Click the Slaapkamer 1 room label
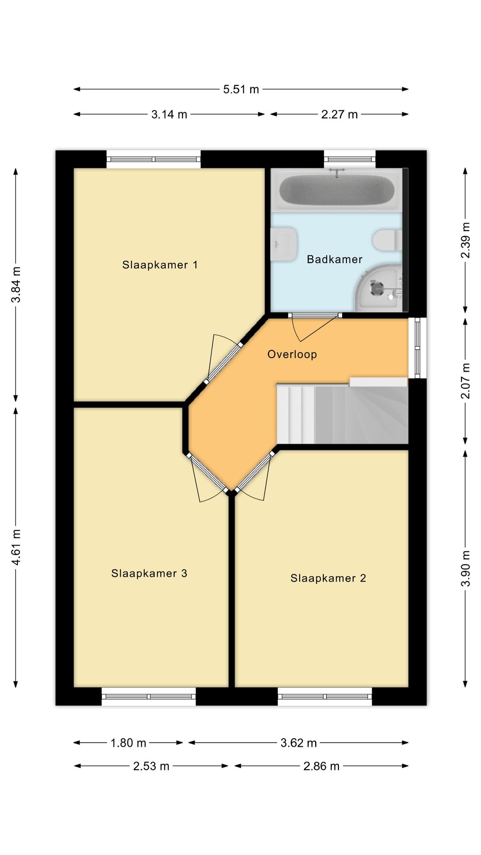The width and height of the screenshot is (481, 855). (x=160, y=265)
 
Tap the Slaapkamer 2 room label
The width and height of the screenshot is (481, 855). (x=328, y=578)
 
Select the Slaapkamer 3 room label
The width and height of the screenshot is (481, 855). (x=149, y=573)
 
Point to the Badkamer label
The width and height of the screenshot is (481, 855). (x=334, y=259)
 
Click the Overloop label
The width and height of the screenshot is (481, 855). (x=292, y=354)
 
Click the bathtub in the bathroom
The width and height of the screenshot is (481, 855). (x=337, y=189)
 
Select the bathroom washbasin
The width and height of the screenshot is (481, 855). (x=284, y=244)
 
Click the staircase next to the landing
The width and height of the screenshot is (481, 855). (x=342, y=413)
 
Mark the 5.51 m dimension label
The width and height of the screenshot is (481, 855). (x=241, y=90)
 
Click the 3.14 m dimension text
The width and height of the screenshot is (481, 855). (x=169, y=114)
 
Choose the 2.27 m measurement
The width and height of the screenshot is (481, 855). (x=339, y=114)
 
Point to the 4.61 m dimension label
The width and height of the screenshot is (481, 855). (x=16, y=547)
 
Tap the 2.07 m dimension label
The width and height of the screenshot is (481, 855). (x=465, y=381)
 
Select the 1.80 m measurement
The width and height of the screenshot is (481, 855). (x=128, y=743)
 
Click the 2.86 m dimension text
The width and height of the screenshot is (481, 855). (x=322, y=766)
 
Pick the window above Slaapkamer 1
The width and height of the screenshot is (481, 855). (x=154, y=159)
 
